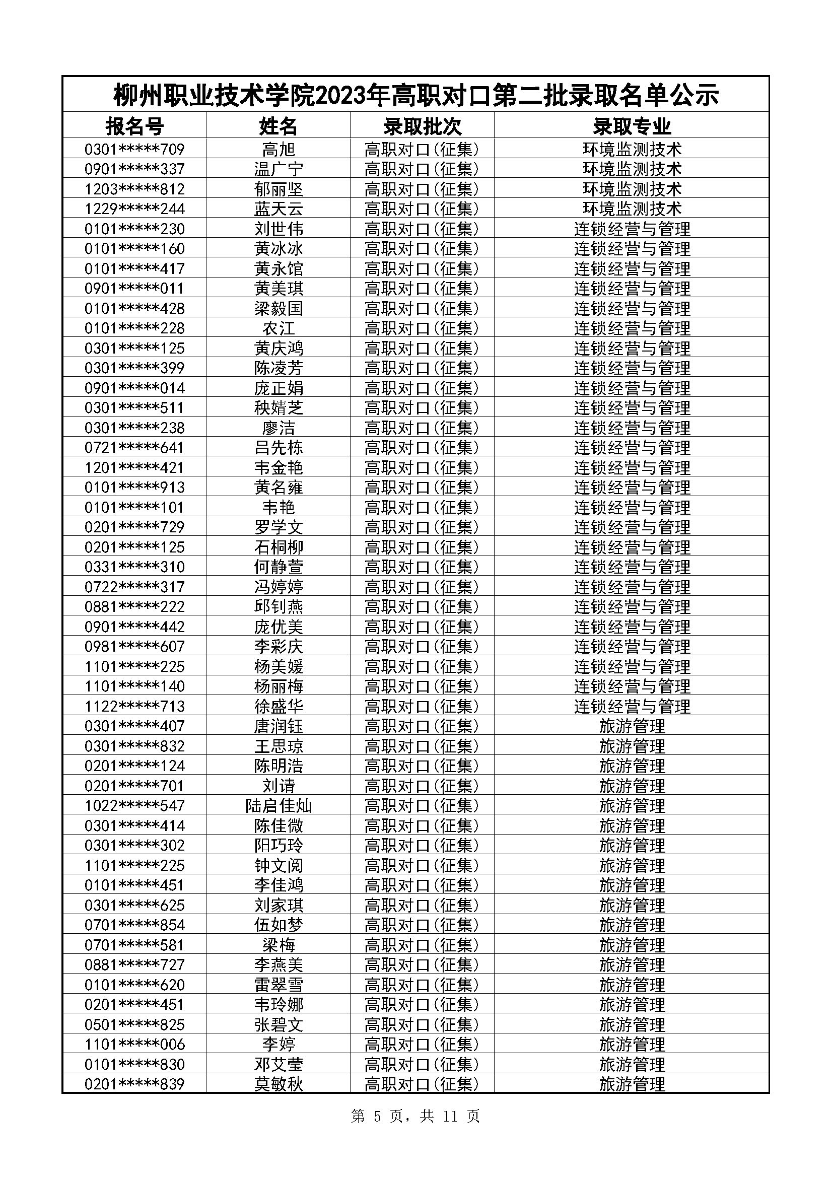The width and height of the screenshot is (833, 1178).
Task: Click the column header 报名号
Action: pyautogui.click(x=134, y=126)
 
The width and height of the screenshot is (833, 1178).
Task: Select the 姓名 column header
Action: pyautogui.click(x=278, y=126)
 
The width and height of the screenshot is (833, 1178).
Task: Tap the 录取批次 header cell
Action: pyautogui.click(x=422, y=126)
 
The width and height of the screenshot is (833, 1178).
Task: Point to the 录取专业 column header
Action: pyautogui.click(x=632, y=126)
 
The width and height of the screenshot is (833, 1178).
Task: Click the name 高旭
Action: pyautogui.click(x=278, y=149)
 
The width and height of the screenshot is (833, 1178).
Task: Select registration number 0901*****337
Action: pyautogui.click(x=134, y=169)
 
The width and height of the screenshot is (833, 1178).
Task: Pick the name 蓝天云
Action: pyautogui.click(x=278, y=209)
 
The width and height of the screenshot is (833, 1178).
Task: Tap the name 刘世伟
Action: pyautogui.click(x=278, y=229)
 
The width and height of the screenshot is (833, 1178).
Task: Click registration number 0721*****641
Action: pyautogui.click(x=134, y=447)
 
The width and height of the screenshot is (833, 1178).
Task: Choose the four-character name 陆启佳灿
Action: pyautogui.click(x=278, y=805)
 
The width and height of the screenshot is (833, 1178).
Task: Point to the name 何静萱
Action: pyautogui.click(x=278, y=567)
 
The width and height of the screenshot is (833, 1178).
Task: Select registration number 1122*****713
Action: pyautogui.click(x=134, y=706)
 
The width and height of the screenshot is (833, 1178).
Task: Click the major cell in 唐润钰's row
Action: pyautogui.click(x=632, y=726)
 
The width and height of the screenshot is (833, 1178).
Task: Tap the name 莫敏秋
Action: pyautogui.click(x=278, y=1084)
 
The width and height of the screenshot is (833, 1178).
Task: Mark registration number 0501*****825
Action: pyautogui.click(x=134, y=1024)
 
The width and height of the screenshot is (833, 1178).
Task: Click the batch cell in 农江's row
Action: pyautogui.click(x=422, y=328)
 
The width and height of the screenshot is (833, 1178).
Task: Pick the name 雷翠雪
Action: pyautogui.click(x=278, y=985)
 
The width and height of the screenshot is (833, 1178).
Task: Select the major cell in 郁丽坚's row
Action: pyautogui.click(x=632, y=189)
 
